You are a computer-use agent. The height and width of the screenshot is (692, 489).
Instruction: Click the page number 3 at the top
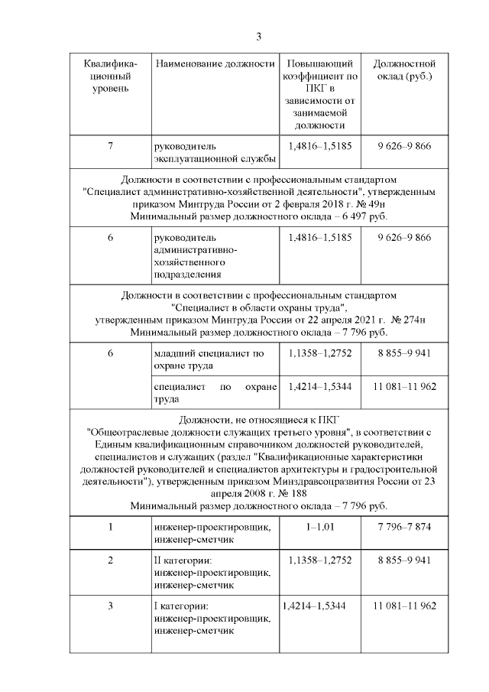(258, 36)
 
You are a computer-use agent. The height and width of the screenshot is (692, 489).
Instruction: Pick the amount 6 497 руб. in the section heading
(359, 216)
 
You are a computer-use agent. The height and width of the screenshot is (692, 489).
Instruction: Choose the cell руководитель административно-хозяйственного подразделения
(199, 255)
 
